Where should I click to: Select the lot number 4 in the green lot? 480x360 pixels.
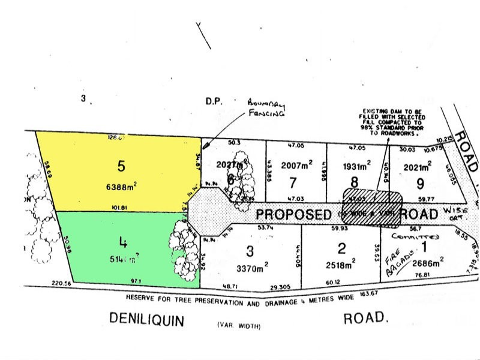coord(122,243)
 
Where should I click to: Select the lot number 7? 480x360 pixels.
coord(293,182)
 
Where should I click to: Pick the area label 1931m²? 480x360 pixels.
coord(355,164)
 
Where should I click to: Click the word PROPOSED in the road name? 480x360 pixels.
coord(293,214)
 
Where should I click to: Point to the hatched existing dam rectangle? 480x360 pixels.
coord(372,207)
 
